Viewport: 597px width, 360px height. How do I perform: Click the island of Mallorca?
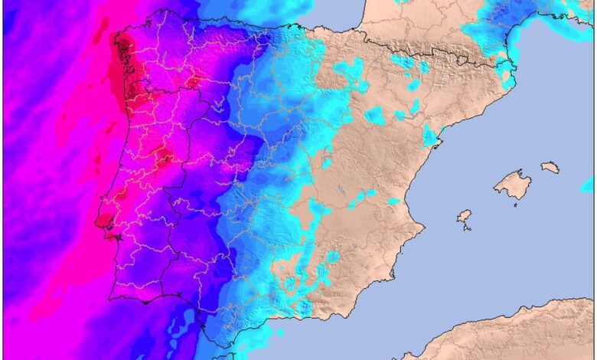[x=512, y=185]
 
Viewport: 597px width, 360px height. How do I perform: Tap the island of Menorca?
[x=550, y=166]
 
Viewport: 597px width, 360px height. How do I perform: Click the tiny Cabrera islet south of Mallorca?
[x=515, y=205]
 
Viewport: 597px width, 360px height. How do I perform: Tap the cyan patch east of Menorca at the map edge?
[x=587, y=185]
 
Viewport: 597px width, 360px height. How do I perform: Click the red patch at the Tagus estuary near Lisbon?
[x=102, y=221]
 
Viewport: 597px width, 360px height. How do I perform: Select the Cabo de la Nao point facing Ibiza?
[x=423, y=227]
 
